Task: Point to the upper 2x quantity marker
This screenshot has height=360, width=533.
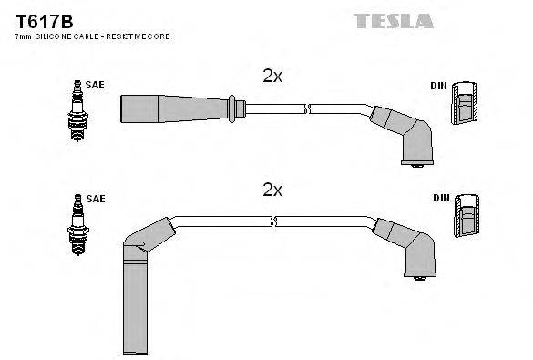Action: tap(272, 77)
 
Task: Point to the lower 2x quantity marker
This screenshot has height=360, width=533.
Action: tap(272, 190)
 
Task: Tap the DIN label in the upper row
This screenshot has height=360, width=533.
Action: tap(437, 86)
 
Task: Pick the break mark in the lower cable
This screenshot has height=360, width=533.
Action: tap(273, 221)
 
